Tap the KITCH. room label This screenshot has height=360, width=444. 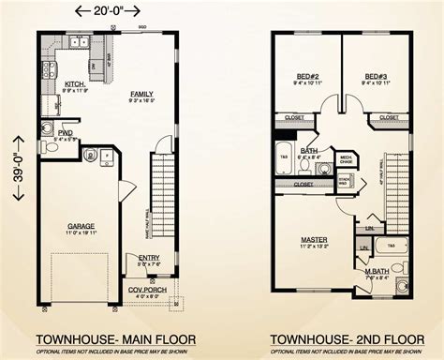click(x=75, y=84)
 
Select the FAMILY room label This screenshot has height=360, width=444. click(x=142, y=94)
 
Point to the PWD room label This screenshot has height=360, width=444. click(x=66, y=133)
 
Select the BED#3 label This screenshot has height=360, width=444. click(x=377, y=76)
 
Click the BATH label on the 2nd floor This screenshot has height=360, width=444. click(x=308, y=150)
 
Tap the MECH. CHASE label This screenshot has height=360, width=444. click(x=346, y=158)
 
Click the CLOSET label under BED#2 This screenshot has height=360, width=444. click(x=291, y=117)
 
